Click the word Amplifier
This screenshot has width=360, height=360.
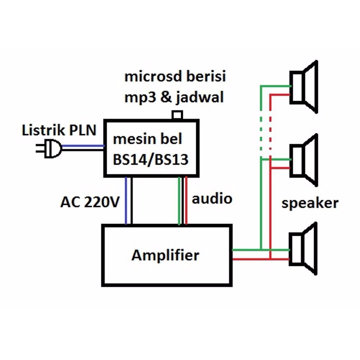[165, 256]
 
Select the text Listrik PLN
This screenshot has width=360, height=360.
[59, 130]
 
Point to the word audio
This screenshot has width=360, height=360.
[212, 199]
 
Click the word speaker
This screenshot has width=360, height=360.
[310, 203]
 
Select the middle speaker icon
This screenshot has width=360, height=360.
[304, 160]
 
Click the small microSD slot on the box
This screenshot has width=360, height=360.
[177, 115]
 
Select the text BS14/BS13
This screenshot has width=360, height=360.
[151, 159]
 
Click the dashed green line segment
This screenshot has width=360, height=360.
[260, 128]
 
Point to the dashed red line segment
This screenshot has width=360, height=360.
[270, 128]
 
